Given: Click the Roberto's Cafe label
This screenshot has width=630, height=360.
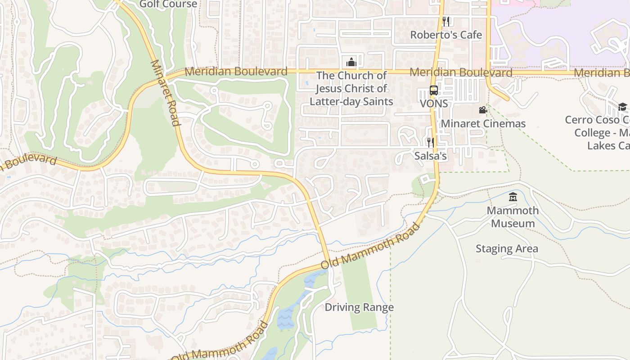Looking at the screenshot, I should point(446,35).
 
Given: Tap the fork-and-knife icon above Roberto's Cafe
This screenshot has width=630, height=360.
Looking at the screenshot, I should point(446,21).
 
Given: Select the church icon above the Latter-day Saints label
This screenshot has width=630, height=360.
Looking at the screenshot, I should point(351,62).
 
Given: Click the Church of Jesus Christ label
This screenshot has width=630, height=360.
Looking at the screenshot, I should point(351,88).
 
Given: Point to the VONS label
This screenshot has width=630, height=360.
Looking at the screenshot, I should point(434,103).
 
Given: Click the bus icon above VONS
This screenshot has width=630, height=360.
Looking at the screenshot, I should point(433,90).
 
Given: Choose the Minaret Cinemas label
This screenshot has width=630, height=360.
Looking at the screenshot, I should point(483,123).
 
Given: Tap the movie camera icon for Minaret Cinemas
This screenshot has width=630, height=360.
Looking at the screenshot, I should point(483,110).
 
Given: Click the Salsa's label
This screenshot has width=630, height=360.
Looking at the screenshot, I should point(431,156).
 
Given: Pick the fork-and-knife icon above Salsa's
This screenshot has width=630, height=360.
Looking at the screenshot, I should point(431,143).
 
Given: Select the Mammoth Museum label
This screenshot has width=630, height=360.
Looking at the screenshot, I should point(513,216).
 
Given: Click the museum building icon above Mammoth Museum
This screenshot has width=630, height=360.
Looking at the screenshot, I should point(513,197).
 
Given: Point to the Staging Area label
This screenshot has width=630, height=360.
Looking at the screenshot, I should point(506,248).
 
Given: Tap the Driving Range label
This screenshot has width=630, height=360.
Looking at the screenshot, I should point(359,307).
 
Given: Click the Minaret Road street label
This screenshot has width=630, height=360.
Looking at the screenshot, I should point(165,93).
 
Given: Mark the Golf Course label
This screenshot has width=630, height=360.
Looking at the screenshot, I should point(168,4).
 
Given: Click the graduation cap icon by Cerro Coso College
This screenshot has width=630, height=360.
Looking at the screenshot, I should point(622,107).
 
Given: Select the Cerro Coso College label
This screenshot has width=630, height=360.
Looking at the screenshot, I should point(598,133).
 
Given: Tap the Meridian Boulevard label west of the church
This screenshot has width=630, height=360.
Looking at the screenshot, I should point(236,71).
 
